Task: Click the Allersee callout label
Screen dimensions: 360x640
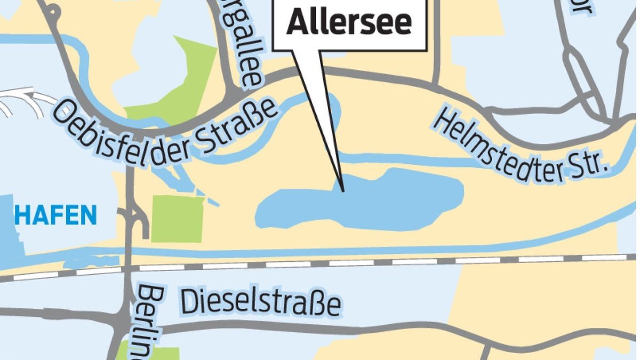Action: click(x=349, y=22)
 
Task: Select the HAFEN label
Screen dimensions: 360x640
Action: click(x=55, y=216)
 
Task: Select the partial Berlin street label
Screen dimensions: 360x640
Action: click(x=150, y=320)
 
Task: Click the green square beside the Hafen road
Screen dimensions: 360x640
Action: click(x=177, y=219)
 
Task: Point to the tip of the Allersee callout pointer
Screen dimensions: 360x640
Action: click(x=342, y=190)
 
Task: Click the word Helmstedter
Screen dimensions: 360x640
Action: click(x=496, y=139)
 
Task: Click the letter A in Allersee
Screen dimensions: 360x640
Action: click(x=297, y=23)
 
